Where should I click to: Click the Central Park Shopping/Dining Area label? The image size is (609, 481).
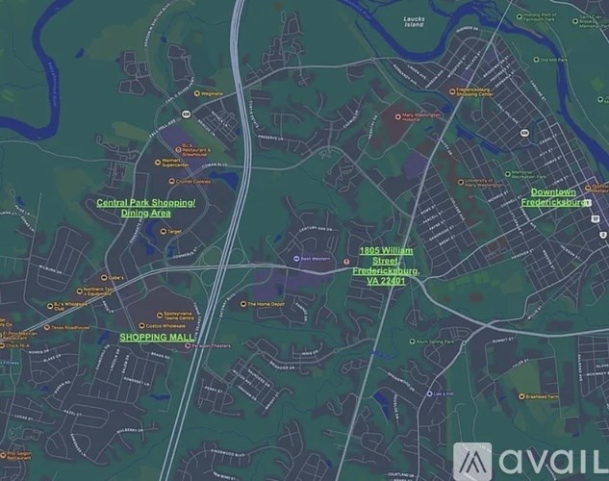[146, 208]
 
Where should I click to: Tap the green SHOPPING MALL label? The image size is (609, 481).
[156, 338]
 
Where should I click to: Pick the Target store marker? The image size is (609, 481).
[158, 231]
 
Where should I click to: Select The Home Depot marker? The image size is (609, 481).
[246, 304]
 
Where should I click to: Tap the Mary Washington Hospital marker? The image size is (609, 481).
[397, 117]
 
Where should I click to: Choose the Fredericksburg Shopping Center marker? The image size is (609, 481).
[452, 92]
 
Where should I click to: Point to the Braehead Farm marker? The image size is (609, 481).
[520, 396]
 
